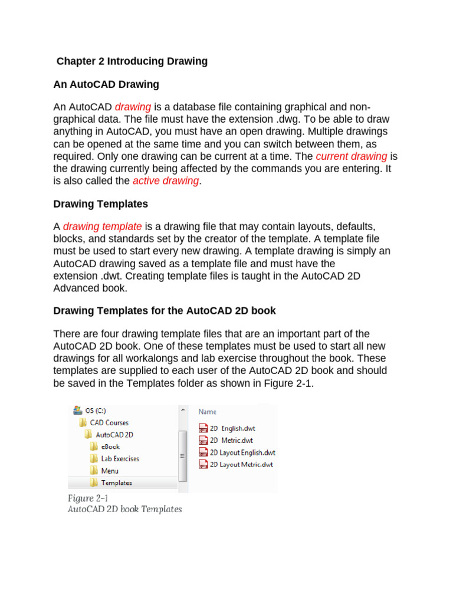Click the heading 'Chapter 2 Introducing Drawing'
click(132, 61)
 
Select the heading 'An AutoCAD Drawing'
click(106, 84)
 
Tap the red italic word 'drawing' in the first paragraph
click(133, 107)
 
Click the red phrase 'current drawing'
click(352, 156)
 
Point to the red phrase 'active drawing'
click(166, 180)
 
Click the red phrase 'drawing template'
click(102, 226)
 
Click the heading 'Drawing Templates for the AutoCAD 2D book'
click(165, 311)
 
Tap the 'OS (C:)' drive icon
click(77, 410)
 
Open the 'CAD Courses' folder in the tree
click(109, 422)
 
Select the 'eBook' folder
click(110, 447)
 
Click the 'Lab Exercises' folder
click(120, 458)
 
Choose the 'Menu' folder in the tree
click(109, 471)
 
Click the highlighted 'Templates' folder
click(116, 482)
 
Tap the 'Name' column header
click(207, 412)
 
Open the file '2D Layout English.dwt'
click(242, 452)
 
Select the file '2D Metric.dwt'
click(231, 440)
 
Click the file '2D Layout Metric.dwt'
click(241, 464)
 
